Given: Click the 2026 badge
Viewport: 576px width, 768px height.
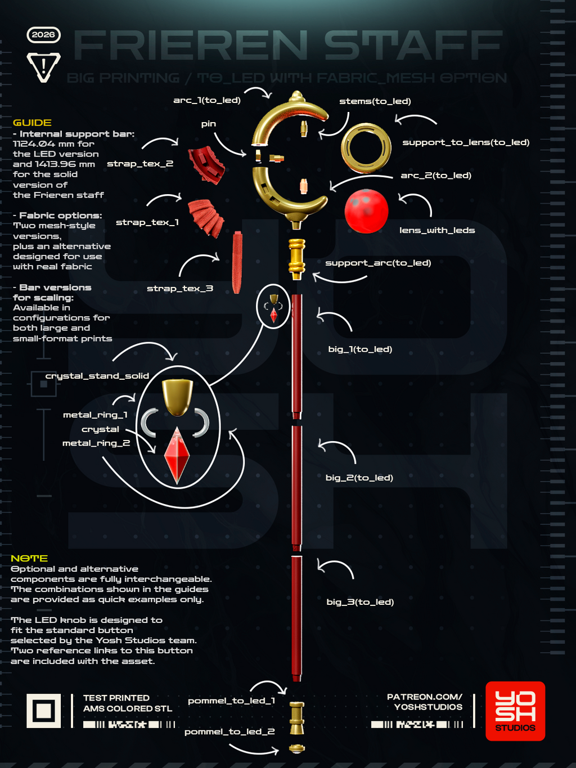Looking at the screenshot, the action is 44,35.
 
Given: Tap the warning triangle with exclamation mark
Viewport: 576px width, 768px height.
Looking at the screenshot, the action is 44,67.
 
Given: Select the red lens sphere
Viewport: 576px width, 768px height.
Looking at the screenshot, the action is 366,211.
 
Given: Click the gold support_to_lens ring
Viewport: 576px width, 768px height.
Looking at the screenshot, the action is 366,148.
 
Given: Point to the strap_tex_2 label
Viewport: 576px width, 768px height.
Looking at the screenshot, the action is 140,164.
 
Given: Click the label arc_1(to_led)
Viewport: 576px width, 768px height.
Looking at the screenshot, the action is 207,100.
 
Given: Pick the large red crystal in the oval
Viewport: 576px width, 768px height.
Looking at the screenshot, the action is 177,455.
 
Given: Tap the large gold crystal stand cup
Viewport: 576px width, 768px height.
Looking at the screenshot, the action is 177,398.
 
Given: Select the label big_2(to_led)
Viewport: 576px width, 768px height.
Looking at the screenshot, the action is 359,478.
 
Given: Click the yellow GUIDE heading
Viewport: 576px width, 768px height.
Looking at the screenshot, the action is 32,123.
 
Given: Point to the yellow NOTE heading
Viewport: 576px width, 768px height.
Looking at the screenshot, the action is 29,558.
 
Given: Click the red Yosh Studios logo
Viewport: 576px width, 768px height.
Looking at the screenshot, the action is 515,711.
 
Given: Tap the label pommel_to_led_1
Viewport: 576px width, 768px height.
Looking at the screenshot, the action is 232,700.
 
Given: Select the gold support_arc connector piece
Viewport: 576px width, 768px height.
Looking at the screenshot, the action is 297,259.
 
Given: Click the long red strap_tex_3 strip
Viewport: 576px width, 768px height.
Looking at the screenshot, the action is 237,262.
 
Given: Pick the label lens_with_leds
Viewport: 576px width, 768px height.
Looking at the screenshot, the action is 437,230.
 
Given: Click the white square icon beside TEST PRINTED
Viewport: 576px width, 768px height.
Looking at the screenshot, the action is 44,711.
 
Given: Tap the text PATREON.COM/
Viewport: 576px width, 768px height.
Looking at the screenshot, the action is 425,697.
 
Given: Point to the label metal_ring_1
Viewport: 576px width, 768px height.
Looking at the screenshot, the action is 95,415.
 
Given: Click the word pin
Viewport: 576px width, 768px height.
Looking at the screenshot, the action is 209,124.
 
